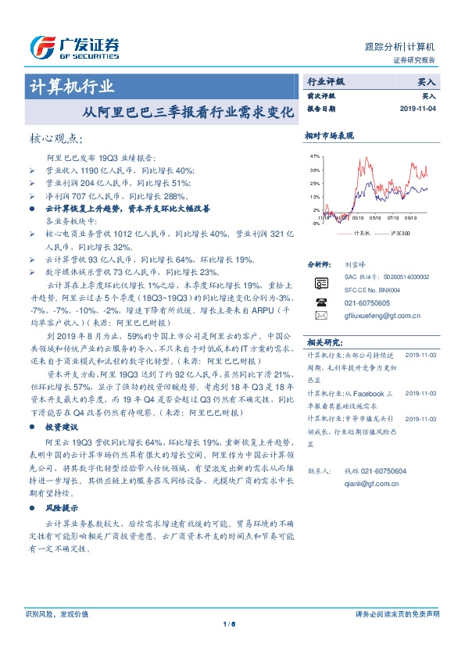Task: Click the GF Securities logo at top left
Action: pos(73,48)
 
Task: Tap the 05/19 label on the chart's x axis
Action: pos(376,218)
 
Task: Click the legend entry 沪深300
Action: pos(400,232)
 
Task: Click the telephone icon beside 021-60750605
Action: pos(321,302)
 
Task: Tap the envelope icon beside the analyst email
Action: pos(321,316)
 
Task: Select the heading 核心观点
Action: pos(55,139)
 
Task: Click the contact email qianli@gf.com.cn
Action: pos(371,484)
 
